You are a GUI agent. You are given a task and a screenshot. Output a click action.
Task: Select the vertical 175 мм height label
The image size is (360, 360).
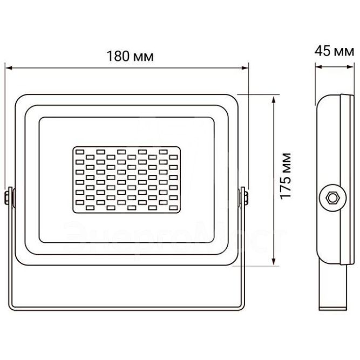coord(287,175)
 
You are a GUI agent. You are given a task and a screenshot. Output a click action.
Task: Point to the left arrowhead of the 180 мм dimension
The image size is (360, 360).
coord(8,68)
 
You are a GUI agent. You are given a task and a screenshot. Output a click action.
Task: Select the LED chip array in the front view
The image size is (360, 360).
coord(128,178)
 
